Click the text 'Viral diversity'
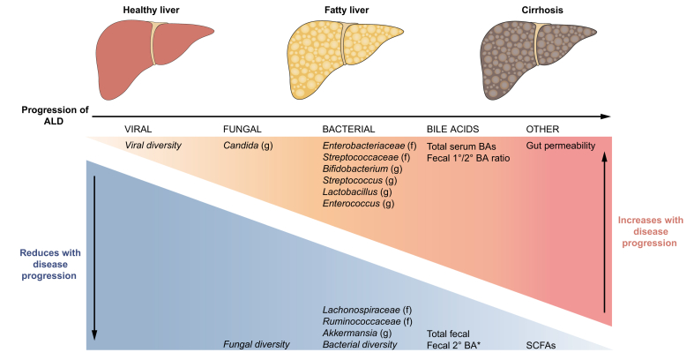(x=153, y=145)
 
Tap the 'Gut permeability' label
(x=561, y=145)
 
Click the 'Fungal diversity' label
(x=257, y=344)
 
